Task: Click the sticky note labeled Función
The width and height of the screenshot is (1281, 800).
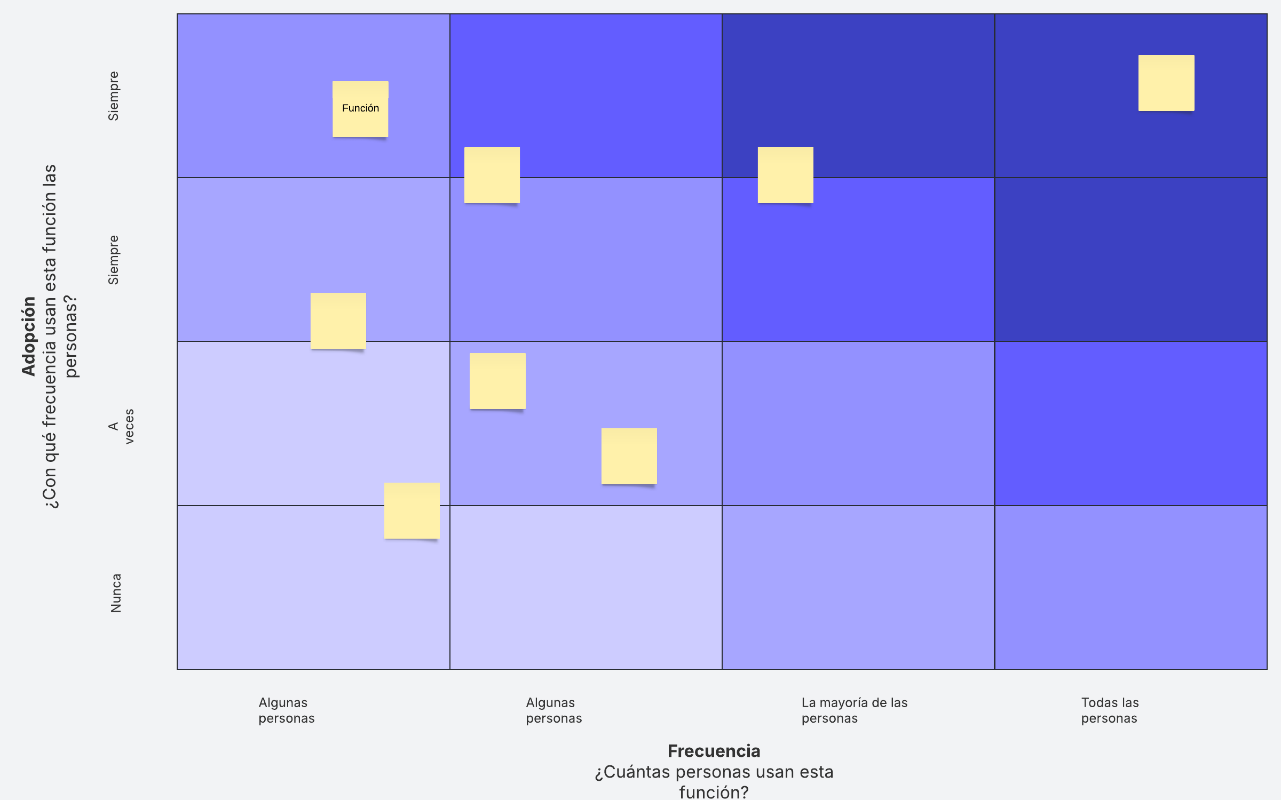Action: (x=360, y=109)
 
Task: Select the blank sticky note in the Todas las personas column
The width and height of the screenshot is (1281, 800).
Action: (x=1166, y=83)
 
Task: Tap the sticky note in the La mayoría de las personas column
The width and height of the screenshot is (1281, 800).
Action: (x=786, y=175)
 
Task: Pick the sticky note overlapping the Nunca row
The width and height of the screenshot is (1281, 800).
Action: (x=412, y=510)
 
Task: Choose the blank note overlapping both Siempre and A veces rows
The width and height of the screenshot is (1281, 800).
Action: (x=338, y=321)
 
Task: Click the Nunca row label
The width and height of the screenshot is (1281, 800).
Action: (x=116, y=593)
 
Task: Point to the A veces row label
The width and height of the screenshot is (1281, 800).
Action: (x=121, y=426)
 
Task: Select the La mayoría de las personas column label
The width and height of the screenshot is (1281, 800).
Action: (x=855, y=710)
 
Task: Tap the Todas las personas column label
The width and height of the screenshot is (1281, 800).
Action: (x=1110, y=710)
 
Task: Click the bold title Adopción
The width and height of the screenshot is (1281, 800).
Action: (x=29, y=336)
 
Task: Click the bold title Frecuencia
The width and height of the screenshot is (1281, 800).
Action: (x=714, y=751)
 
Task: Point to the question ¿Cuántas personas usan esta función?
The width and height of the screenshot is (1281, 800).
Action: (x=714, y=782)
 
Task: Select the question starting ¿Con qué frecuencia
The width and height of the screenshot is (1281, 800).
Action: (x=60, y=336)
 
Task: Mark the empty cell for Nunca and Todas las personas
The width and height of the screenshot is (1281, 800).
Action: (x=1131, y=587)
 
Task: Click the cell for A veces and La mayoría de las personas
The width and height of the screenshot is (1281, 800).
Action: (x=858, y=423)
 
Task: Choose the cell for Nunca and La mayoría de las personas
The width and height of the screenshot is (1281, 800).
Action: (x=858, y=587)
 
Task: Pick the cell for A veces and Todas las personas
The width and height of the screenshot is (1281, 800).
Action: (x=1131, y=423)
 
